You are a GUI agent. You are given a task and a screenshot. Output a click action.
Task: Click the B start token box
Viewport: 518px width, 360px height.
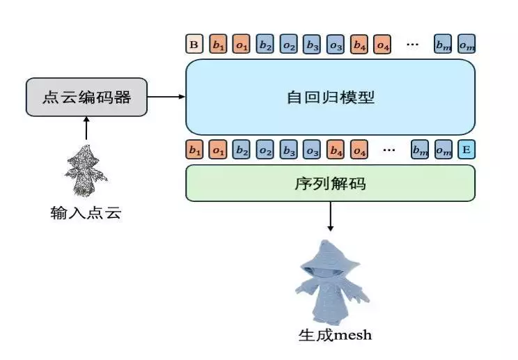[194, 44]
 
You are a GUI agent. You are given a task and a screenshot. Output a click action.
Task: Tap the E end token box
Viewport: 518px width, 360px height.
[466, 150]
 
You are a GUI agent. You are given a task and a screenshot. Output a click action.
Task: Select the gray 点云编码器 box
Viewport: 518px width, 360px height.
[86, 97]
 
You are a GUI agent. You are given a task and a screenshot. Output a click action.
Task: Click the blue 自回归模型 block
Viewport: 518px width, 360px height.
[330, 97]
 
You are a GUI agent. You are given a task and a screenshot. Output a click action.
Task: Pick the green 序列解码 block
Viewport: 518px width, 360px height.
[330, 183]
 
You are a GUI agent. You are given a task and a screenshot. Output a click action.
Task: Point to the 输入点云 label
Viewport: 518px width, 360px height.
[86, 212]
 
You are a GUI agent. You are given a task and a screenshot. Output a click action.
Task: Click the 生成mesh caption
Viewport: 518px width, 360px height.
[335, 335]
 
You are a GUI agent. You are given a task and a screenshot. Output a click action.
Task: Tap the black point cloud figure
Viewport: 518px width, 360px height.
[86, 171]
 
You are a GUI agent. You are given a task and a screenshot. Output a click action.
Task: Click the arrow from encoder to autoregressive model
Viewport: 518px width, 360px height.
[166, 97]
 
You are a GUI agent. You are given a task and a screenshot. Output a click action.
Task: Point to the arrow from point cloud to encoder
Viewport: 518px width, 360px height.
[86, 128]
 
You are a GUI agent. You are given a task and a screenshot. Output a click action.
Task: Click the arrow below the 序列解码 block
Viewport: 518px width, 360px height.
[330, 217]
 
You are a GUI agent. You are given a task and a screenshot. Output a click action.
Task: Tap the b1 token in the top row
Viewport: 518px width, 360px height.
[218, 44]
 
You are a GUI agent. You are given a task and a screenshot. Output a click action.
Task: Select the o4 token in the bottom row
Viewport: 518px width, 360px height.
[359, 150]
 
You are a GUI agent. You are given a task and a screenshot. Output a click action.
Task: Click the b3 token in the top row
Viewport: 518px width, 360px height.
[312, 44]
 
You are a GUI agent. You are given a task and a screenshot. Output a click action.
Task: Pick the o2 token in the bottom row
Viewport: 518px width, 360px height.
[265, 150]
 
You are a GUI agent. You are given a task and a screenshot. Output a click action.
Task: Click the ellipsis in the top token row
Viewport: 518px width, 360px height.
[412, 44]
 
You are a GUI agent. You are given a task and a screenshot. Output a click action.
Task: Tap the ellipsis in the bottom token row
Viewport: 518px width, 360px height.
[388, 150]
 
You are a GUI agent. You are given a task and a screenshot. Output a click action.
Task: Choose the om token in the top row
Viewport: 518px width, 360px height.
[466, 44]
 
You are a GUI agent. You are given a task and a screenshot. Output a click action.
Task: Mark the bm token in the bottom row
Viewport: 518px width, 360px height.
[420, 150]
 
